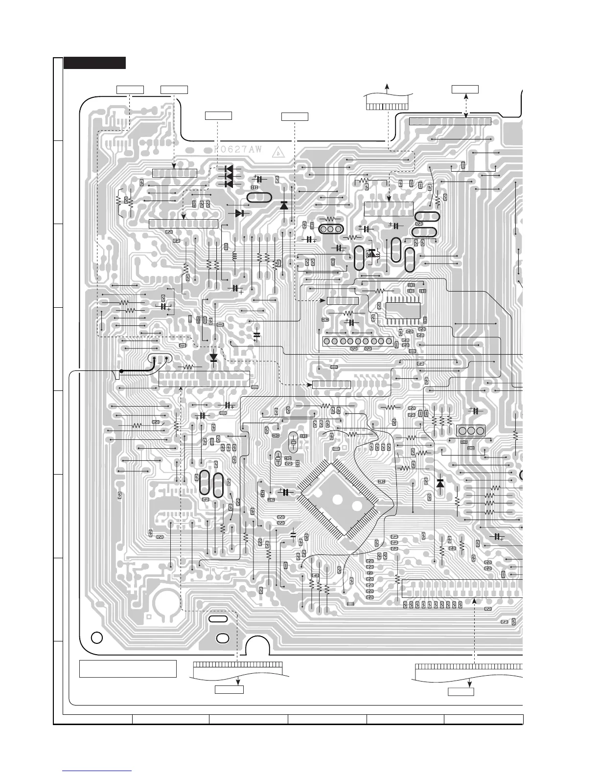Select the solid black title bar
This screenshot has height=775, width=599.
(x=95, y=63)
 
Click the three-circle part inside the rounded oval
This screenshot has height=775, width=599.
(x=330, y=229)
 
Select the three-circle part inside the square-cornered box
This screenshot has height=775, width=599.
(x=471, y=431)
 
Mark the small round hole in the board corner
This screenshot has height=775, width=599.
(x=97, y=638)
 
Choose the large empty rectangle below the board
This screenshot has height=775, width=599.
(x=128, y=669)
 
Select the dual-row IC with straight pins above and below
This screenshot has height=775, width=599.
(x=403, y=310)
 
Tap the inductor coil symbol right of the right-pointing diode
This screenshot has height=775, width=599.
(x=234, y=255)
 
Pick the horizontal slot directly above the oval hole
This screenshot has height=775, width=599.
(x=217, y=619)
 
